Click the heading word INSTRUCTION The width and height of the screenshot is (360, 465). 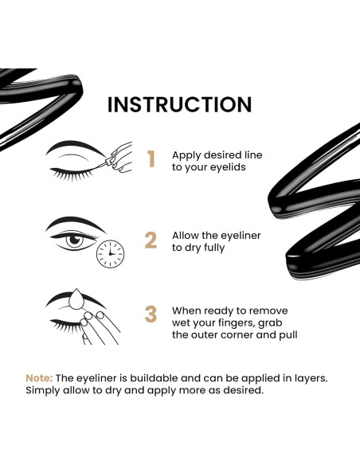[179, 104]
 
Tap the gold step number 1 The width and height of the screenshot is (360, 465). [151, 159]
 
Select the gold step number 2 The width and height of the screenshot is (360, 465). [151, 240]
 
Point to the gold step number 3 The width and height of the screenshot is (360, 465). [151, 314]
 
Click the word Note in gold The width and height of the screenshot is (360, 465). [39, 377]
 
